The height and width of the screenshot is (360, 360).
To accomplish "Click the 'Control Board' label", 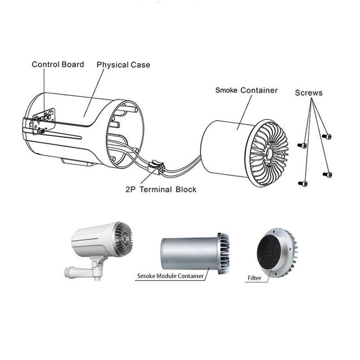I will tap(58, 64).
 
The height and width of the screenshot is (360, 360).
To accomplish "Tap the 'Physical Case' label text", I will tap(123, 65).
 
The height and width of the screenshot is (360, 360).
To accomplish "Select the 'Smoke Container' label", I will tap(246, 90).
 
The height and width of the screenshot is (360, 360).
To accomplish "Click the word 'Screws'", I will tap(309, 93).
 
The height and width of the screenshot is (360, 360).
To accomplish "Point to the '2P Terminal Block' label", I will tap(161, 189).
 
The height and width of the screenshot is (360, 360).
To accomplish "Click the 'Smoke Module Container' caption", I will tap(170, 275).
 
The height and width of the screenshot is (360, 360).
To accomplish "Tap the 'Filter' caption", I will tap(254, 278).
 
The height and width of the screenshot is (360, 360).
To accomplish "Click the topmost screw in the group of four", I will tap(327, 136).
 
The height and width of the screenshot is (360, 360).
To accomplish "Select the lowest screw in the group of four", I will tap(303, 183).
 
